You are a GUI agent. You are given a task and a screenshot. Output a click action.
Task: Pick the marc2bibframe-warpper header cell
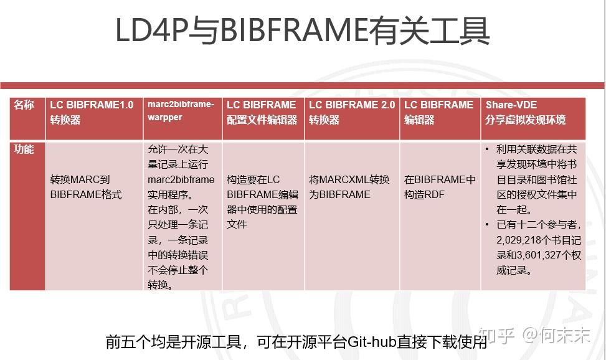click(181, 110)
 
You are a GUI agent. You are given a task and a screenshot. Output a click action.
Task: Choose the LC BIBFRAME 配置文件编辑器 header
click(262, 112)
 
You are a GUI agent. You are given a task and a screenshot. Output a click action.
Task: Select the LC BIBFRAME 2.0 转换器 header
click(351, 112)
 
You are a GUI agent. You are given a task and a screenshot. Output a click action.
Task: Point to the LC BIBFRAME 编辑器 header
click(439, 112)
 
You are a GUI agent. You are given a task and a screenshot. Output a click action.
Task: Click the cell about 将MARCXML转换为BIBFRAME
click(349, 187)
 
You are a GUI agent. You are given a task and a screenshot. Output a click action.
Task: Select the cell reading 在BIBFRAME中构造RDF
click(439, 187)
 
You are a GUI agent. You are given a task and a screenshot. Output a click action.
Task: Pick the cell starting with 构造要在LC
click(262, 201)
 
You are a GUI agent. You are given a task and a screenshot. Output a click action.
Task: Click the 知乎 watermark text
click(496, 336)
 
